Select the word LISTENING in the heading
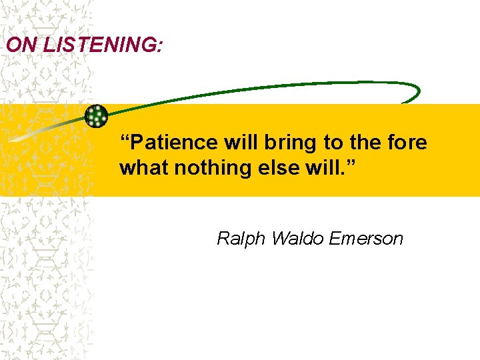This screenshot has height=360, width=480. tap(95, 45)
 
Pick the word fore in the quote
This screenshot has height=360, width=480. tap(409, 143)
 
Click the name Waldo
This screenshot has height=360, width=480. tap(289, 238)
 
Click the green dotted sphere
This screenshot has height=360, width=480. tap(97, 116)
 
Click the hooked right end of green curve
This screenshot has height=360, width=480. tap(414, 94)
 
